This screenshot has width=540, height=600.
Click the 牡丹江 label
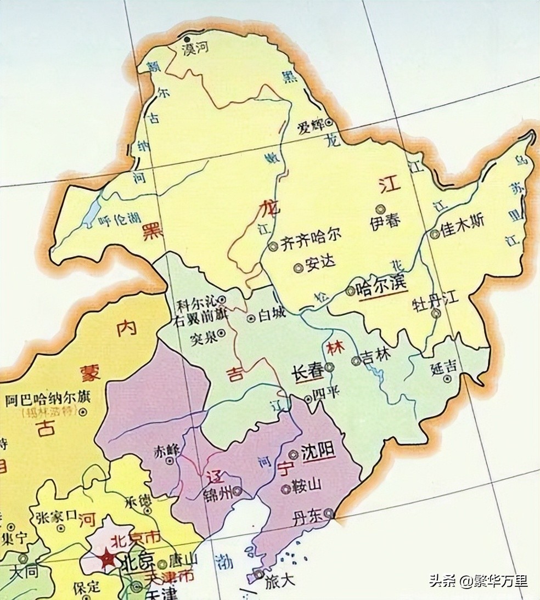coord(435,301)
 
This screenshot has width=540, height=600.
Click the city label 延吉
coord(443,369)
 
